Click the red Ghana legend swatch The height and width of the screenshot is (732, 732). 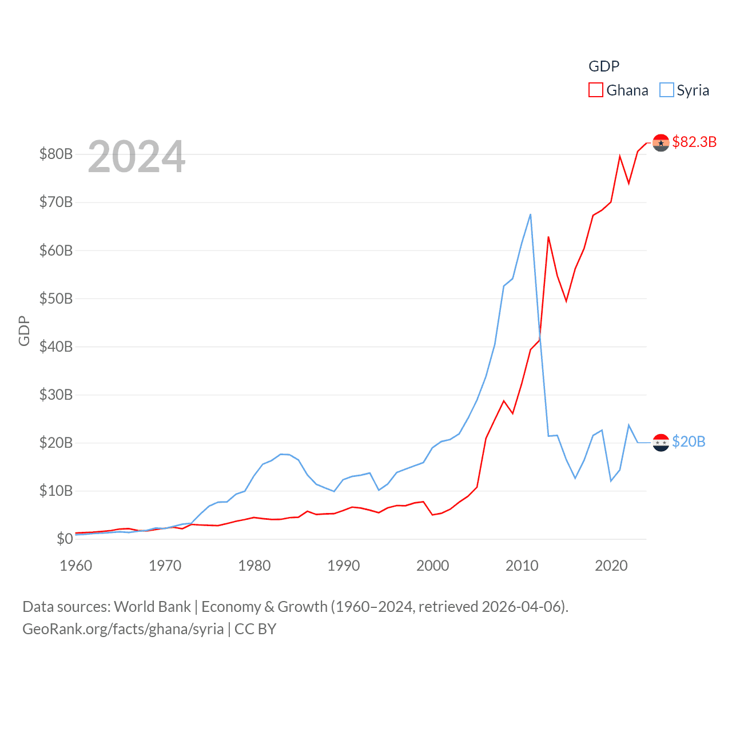point(596,90)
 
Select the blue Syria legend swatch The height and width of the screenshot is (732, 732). point(667,90)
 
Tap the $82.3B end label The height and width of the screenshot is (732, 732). point(694,142)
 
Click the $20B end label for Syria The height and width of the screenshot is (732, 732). point(689,441)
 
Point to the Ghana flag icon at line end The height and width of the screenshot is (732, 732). point(661,142)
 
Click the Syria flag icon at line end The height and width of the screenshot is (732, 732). point(661,443)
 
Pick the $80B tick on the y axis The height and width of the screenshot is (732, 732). point(55,154)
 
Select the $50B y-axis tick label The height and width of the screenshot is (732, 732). point(55,299)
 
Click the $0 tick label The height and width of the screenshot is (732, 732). point(64,539)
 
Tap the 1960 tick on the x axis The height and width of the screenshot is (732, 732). point(76,566)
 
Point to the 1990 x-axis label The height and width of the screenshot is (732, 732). point(344,566)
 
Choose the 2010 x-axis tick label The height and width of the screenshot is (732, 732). point(522,566)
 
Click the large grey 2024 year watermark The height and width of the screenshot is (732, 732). point(137,156)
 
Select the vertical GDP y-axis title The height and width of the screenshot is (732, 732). point(24,331)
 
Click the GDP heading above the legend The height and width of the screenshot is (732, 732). point(604,66)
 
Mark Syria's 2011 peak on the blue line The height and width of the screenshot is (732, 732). point(531,214)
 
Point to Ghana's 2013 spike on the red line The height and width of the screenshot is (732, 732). point(548,237)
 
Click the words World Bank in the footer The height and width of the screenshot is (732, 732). point(153,606)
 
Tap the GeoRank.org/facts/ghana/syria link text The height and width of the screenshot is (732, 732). point(123,629)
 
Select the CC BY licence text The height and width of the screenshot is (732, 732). point(256,629)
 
